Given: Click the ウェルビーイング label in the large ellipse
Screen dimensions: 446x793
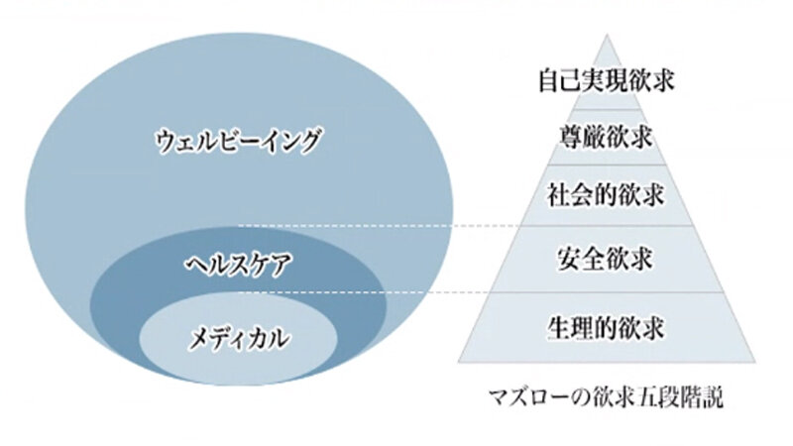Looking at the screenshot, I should pyautogui.click(x=237, y=142).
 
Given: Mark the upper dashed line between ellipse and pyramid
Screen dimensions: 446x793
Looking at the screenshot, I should pyautogui.click(x=347, y=226).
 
